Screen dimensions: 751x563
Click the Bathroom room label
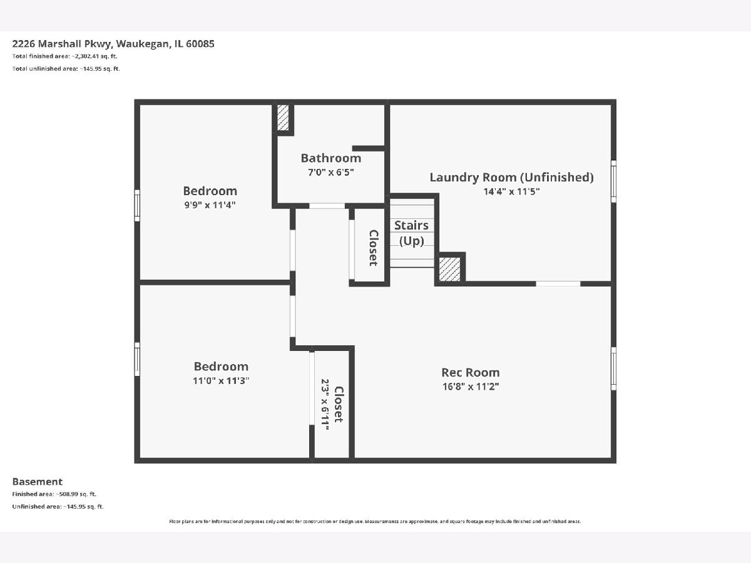click(x=331, y=158)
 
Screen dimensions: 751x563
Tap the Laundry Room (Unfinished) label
click(x=511, y=177)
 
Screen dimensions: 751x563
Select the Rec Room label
click(x=471, y=372)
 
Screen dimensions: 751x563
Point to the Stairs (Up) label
click(x=412, y=233)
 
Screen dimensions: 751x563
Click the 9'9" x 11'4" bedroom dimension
click(x=210, y=205)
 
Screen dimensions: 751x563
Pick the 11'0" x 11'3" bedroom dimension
click(x=221, y=380)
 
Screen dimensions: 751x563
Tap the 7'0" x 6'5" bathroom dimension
click(x=331, y=172)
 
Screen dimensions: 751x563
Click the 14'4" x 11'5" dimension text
click(x=511, y=191)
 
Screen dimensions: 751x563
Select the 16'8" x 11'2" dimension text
click(x=471, y=386)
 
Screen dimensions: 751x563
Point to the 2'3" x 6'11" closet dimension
click(x=325, y=404)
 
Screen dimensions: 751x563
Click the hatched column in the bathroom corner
click(x=283, y=118)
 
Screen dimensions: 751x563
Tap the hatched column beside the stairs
click(x=449, y=270)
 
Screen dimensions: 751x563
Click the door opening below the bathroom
click(x=327, y=206)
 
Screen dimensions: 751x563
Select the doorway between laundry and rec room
click(x=558, y=284)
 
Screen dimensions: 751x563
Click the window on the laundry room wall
click(x=613, y=181)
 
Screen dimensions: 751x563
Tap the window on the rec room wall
click(x=613, y=368)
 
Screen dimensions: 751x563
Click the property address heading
click(x=113, y=44)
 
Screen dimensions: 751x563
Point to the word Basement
click(x=38, y=482)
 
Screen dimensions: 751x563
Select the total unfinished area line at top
click(x=66, y=69)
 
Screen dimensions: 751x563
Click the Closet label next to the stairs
click(x=373, y=248)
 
